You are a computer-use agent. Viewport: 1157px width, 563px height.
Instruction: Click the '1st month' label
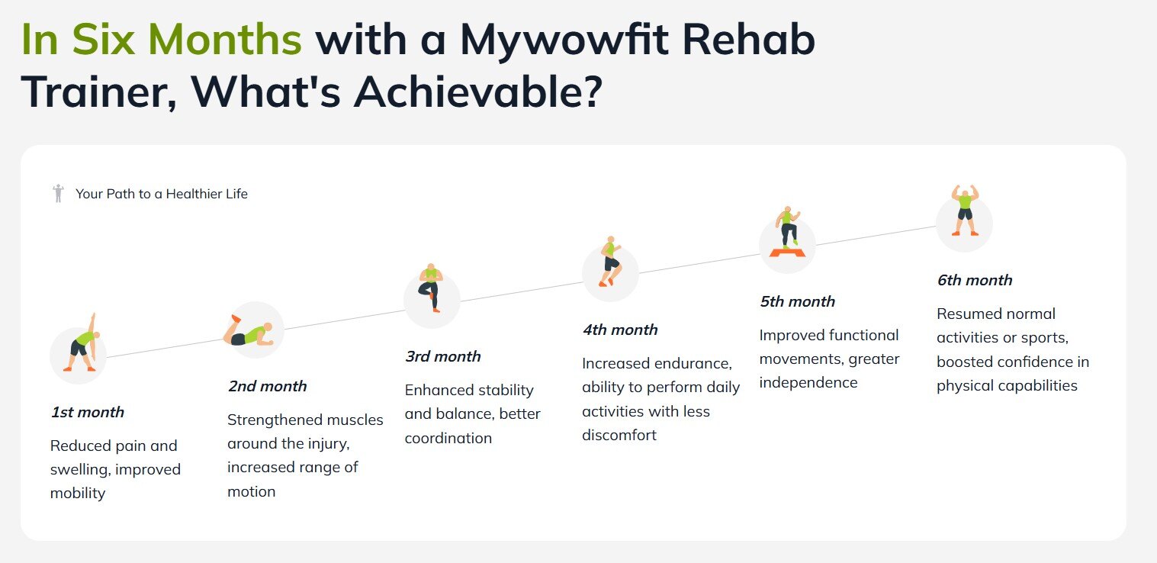(87, 412)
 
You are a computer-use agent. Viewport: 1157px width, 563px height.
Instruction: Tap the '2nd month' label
(267, 386)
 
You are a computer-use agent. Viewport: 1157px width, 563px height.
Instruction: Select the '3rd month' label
(442, 356)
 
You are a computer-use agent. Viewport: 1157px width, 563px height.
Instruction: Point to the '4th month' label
(620, 330)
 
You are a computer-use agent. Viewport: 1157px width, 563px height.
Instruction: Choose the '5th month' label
(797, 301)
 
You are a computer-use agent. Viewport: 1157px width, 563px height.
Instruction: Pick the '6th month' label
(974, 280)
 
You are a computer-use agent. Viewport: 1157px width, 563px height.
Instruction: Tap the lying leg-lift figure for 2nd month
(248, 331)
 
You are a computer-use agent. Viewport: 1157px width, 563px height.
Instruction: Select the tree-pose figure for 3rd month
(431, 288)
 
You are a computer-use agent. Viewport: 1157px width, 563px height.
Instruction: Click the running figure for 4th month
(610, 262)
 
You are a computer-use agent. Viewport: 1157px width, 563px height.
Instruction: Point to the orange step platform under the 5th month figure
(787, 253)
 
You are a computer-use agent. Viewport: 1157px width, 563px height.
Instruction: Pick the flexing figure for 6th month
(965, 211)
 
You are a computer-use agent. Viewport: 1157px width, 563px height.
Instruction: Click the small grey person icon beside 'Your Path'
(59, 193)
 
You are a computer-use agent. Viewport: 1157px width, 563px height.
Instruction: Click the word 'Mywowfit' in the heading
(564, 41)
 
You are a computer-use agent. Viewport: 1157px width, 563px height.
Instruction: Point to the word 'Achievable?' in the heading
(478, 92)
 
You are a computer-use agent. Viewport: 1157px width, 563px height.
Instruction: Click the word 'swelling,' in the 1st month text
(79, 470)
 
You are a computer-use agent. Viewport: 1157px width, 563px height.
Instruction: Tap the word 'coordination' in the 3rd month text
(448, 438)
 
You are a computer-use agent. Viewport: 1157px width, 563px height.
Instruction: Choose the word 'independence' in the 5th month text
(808, 383)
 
